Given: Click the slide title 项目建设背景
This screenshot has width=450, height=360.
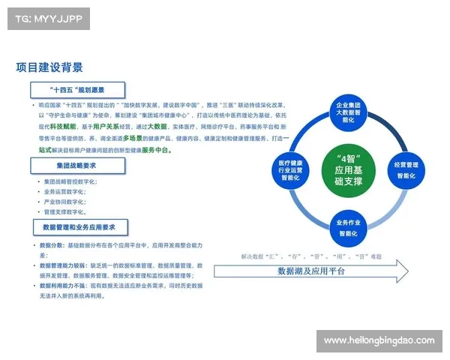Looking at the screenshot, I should pyautogui.click(x=49, y=67).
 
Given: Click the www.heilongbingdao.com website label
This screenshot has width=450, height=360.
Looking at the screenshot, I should pyautogui.click(x=379, y=341).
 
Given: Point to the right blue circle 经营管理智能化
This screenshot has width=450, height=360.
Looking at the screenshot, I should pyautogui.click(x=406, y=169).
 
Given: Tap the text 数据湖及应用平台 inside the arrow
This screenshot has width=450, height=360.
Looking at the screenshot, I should pyautogui.click(x=311, y=271).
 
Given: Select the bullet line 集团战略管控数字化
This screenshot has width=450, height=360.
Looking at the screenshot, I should pyautogui.click(x=70, y=181).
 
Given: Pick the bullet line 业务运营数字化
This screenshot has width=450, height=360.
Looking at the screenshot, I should pyautogui.click(x=64, y=192).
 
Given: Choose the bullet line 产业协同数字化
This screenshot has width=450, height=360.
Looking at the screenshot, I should pyautogui.click(x=64, y=202).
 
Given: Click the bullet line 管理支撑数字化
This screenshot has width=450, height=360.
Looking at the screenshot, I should pyautogui.click(x=64, y=212).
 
